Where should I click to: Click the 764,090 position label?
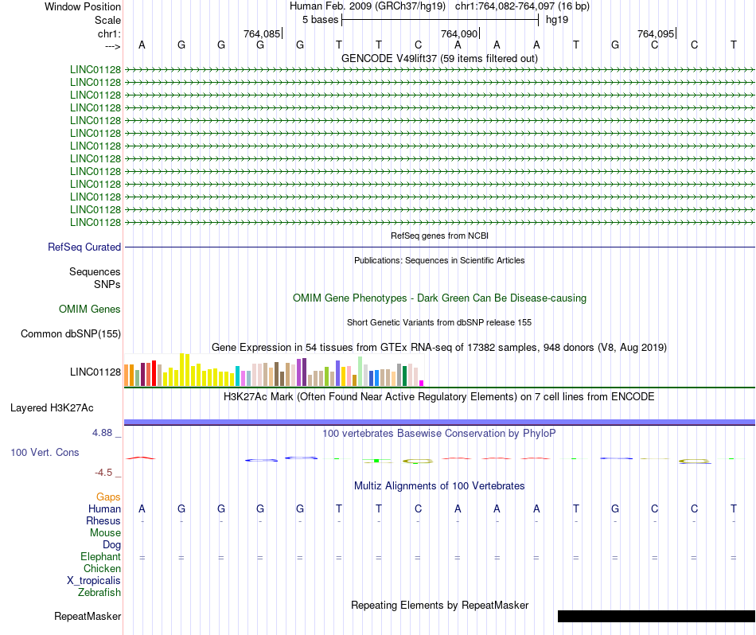[x=459, y=33]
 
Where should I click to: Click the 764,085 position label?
[x=262, y=33]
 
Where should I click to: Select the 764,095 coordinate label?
[x=656, y=33]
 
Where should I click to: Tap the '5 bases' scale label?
[x=320, y=19]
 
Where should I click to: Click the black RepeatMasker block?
[x=656, y=616]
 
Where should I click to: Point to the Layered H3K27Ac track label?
[x=52, y=408]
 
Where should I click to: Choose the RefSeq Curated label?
[x=84, y=247]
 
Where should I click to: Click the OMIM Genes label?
[x=90, y=310]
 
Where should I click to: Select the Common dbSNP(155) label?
[x=71, y=334]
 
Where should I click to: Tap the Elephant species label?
[x=100, y=557]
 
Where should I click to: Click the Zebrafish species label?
[x=99, y=593]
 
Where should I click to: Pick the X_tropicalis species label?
[x=94, y=581]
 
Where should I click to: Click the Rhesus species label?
[x=103, y=521]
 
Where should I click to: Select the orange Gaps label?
[x=108, y=497]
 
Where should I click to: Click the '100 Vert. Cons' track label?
[x=45, y=453]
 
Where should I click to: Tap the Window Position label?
[x=83, y=6]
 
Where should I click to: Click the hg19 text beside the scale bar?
[x=556, y=19]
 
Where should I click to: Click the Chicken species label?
[x=102, y=569]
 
